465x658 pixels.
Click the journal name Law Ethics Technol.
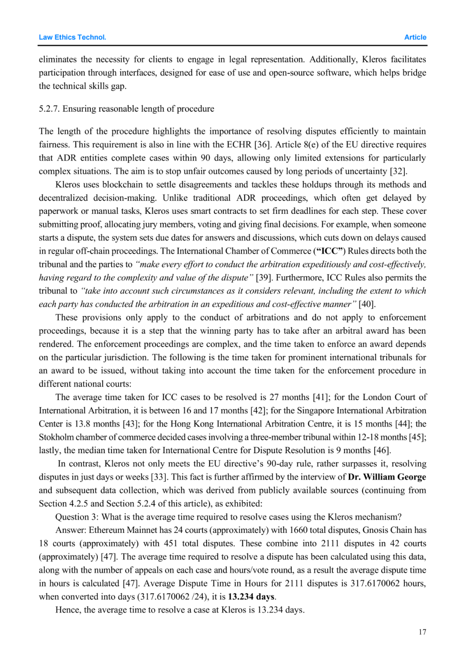coord(72,37)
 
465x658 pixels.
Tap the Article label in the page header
coord(415,37)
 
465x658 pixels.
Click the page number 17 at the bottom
coord(422,632)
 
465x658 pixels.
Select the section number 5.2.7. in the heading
coord(50,109)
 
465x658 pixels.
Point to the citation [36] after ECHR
coord(262,144)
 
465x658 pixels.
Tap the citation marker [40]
coord(367,304)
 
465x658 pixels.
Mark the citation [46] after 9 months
coord(382,450)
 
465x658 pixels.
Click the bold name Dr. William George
coord(387,477)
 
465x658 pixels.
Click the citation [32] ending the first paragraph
coord(398,171)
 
